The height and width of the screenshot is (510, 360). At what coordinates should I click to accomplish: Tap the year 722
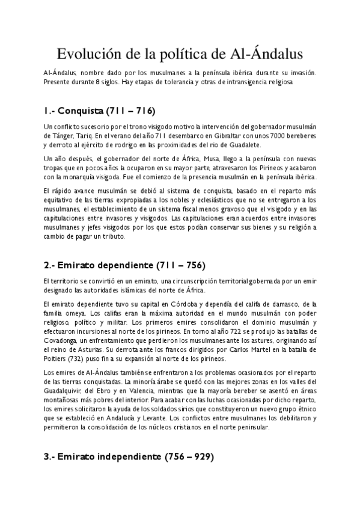pos(242,331)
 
